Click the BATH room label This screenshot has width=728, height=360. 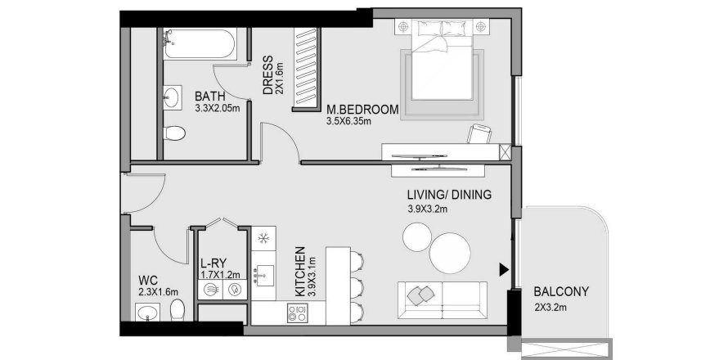coord(210,97)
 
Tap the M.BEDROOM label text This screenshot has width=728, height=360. coord(362,110)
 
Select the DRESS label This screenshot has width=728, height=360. coord(268,75)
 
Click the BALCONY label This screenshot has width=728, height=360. coord(561,292)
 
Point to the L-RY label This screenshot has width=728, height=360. coord(213,263)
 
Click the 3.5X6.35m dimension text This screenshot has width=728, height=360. coord(348,122)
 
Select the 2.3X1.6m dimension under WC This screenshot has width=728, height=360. coord(159,292)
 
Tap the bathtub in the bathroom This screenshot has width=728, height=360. coord(200,44)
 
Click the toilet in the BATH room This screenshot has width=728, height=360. coord(174,133)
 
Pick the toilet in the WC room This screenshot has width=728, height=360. coord(177,310)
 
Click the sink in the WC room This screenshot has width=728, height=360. coord(148,313)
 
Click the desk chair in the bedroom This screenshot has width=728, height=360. coord(479,134)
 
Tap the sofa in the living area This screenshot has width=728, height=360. coord(443,300)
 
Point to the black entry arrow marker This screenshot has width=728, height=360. coord(504,270)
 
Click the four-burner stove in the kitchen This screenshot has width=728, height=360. coord(297,313)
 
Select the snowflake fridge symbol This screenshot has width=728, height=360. coord(263,239)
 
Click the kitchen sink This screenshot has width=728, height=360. coord(264,275)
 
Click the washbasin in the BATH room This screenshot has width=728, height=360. coord(173,98)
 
